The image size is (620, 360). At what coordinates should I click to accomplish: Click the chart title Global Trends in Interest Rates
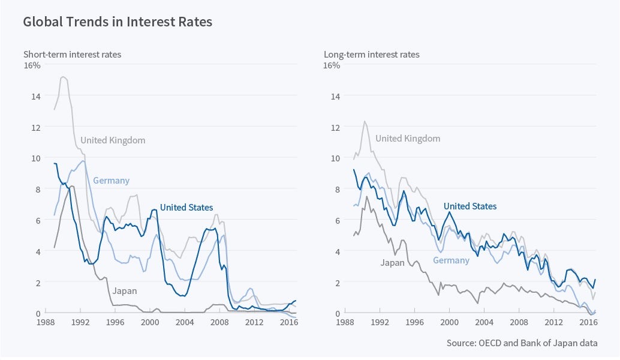click(118, 22)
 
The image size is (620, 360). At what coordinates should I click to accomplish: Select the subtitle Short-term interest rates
click(72, 55)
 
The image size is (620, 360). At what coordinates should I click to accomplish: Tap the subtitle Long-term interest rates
click(372, 55)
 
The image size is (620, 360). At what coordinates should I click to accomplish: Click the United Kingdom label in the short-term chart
click(113, 140)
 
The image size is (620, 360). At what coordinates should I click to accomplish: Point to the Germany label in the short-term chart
click(111, 181)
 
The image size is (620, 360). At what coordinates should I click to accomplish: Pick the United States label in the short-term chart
click(186, 208)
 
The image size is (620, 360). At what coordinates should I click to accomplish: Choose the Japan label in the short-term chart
click(125, 291)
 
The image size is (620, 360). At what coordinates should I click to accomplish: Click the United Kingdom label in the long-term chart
click(408, 139)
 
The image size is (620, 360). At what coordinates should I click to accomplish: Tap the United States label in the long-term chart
click(470, 206)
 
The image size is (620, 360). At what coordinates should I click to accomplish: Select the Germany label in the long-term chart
click(451, 260)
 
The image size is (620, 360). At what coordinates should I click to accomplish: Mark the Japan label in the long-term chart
click(392, 263)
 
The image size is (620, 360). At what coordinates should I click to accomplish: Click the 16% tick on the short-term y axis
click(32, 65)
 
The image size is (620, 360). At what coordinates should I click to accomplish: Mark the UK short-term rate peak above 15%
click(63, 77)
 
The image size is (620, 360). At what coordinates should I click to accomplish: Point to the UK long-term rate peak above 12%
click(365, 121)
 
